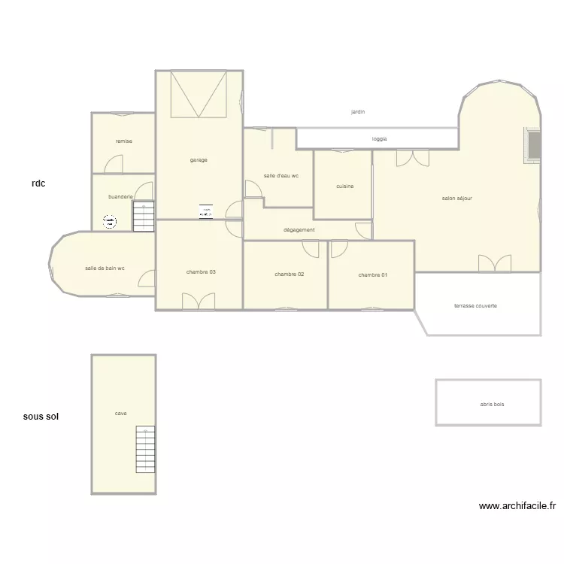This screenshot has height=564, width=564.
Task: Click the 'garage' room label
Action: (x=199, y=160)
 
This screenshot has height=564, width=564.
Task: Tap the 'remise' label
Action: (x=123, y=141)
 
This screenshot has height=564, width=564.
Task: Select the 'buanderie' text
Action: (x=120, y=197)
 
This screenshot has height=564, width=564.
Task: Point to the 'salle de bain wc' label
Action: (x=105, y=268)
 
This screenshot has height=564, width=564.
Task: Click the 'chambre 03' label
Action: (x=201, y=272)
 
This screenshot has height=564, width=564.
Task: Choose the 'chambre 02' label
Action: (x=290, y=274)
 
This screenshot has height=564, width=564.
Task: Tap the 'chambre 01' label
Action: (x=373, y=275)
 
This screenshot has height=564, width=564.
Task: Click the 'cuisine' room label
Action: (x=345, y=186)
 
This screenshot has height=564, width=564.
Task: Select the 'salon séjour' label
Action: (x=456, y=199)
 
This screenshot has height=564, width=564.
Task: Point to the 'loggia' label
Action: (x=380, y=139)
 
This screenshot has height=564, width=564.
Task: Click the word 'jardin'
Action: (x=358, y=112)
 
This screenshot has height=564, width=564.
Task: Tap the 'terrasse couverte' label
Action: (x=475, y=306)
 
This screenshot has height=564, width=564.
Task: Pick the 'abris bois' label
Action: (x=492, y=405)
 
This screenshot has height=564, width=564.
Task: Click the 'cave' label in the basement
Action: (x=120, y=413)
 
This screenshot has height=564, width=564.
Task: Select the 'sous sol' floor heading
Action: (x=41, y=416)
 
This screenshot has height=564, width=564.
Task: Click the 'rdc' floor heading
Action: (x=38, y=182)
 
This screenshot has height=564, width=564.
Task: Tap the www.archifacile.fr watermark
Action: (x=517, y=507)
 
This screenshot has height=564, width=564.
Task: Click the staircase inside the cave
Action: (x=145, y=449)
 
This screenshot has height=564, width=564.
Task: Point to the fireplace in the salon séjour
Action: (x=532, y=144)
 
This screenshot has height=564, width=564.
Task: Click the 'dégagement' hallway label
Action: (x=299, y=230)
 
